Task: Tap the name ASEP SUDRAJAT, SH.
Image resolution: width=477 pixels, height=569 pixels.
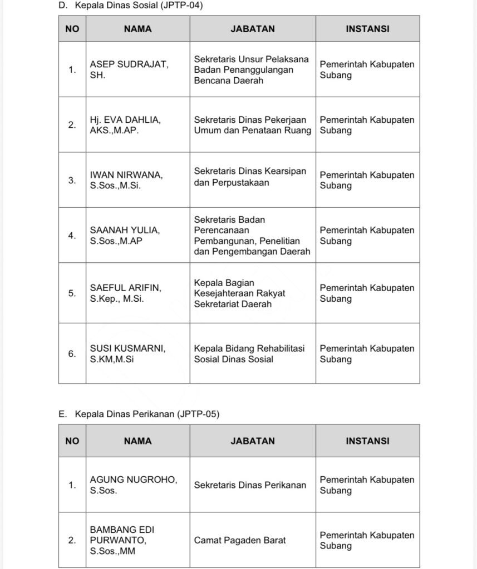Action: (x=129, y=69)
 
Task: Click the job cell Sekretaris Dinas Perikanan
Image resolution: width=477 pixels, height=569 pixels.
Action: (x=250, y=485)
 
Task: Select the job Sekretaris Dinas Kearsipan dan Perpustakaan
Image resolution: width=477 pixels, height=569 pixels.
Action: (x=250, y=177)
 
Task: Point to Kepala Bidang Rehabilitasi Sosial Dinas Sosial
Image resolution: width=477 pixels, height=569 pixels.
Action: (x=249, y=353)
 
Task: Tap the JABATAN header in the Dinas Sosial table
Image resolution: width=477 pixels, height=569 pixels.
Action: (x=253, y=29)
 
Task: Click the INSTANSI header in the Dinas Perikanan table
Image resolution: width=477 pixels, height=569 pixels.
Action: (x=367, y=441)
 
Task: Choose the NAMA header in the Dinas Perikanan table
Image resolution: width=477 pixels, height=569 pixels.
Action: (x=137, y=441)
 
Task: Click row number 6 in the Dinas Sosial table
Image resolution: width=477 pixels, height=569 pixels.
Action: (x=72, y=353)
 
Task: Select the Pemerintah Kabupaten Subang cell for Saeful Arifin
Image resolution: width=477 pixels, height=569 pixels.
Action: (x=367, y=293)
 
